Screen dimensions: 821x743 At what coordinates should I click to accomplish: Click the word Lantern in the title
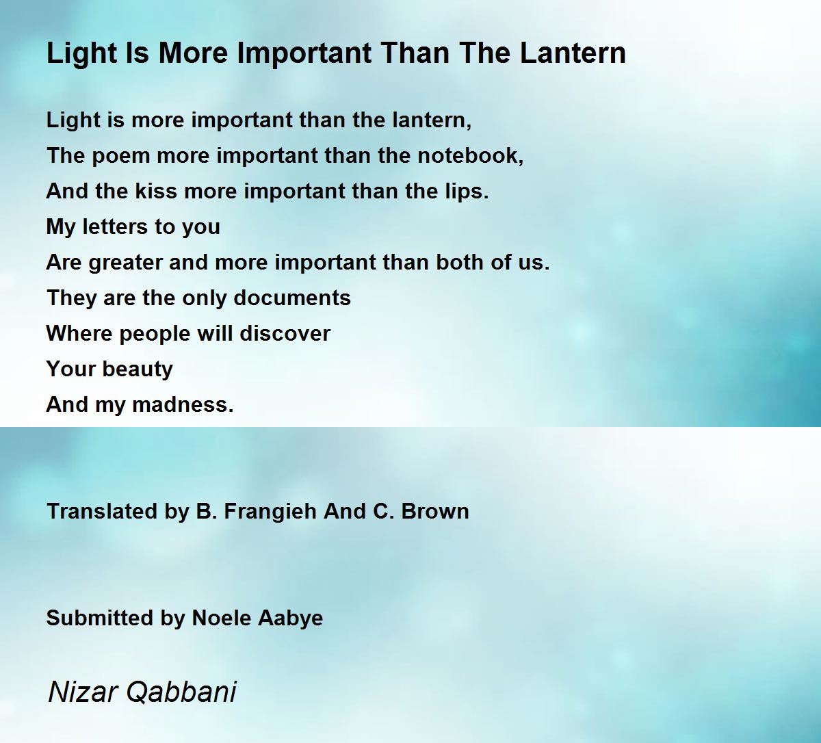[573, 53]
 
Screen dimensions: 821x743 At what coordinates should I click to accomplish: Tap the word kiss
[157, 191]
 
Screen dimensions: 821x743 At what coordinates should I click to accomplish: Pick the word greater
[125, 263]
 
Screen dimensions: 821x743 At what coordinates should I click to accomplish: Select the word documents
[292, 298]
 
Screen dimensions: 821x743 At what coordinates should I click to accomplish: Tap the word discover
[285, 334]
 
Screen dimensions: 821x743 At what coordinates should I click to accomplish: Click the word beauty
[138, 370]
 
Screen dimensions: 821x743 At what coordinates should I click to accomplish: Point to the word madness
[183, 405]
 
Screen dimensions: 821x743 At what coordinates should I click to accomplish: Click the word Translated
[103, 512]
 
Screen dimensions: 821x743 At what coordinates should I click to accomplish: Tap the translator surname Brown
[435, 512]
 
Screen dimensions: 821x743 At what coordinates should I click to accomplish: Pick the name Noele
[222, 618]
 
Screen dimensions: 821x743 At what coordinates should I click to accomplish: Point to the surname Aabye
[291, 619]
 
